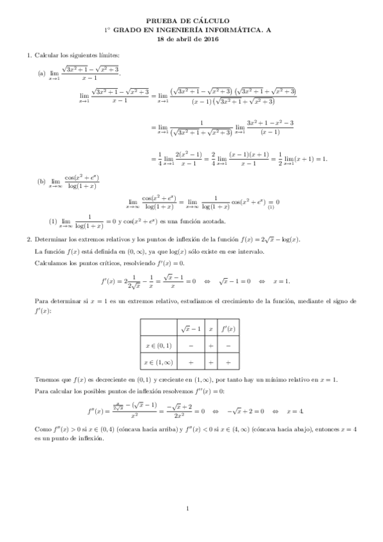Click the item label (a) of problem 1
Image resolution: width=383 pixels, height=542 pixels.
(x=42, y=73)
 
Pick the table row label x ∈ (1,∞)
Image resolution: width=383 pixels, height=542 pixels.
(x=159, y=362)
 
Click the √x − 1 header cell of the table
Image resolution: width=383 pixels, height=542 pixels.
(x=191, y=329)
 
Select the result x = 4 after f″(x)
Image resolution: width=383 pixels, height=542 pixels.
(x=295, y=410)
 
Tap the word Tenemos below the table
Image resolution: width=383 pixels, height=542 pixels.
(x=47, y=379)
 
